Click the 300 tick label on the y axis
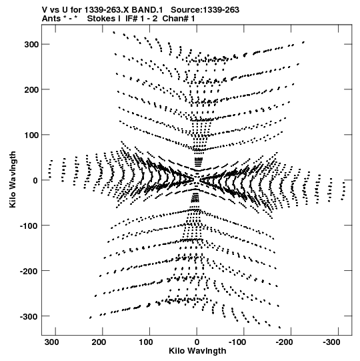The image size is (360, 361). tap(31, 45)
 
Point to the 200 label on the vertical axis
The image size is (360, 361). tap(31, 89)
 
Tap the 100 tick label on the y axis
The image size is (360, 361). tap(31, 135)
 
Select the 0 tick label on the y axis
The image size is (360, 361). tap(35, 180)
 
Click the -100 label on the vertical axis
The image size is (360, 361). tap(29, 226)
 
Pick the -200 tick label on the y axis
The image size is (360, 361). tap(29, 271)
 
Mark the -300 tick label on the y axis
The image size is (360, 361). tap(29, 316)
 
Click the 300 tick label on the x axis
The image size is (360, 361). tap(52, 342)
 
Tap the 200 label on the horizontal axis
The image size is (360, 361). tap(99, 342)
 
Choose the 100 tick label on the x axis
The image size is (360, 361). tap(146, 342)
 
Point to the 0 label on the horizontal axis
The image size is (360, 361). tap(197, 342)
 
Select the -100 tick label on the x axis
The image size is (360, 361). tap(237, 342)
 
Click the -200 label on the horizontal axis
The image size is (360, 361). tap(284, 342)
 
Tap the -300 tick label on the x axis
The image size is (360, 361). tap(331, 342)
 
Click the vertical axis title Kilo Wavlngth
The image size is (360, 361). tap(13, 179)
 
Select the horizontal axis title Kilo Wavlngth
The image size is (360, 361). tap(197, 351)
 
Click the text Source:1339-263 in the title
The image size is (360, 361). tap(205, 10)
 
